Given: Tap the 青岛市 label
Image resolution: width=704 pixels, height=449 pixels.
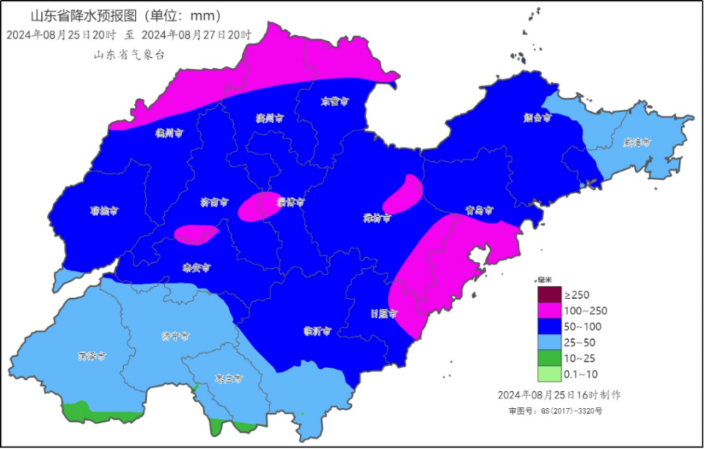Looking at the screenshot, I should [479, 210].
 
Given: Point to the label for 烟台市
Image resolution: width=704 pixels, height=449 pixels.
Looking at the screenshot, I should [538, 117].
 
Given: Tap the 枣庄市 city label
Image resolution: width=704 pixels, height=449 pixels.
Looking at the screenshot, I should [228, 379].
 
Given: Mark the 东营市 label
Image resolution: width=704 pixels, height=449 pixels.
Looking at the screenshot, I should [334, 102].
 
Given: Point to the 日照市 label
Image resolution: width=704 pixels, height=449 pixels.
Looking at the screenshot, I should [383, 313].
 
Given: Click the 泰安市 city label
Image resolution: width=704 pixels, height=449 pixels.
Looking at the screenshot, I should [196, 268].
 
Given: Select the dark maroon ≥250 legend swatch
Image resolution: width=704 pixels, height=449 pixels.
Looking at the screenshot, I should [549, 295].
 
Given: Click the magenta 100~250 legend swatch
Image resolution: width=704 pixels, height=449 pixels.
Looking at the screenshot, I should [549, 311].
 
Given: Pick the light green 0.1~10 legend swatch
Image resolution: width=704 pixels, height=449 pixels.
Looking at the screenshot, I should [549, 374].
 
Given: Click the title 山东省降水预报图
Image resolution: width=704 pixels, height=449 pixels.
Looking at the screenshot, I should [83, 15].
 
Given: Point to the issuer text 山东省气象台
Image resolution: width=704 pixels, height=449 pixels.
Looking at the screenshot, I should [130, 55].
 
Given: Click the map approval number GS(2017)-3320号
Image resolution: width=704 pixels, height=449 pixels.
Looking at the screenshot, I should [568, 412].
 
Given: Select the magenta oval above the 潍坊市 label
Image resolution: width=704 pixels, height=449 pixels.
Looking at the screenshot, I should [403, 194].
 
